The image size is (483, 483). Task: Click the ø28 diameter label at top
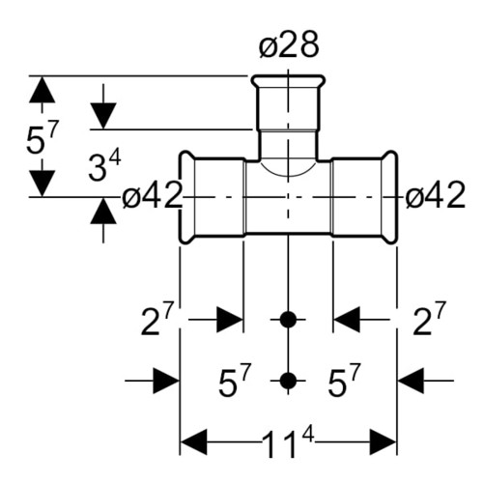tap(289, 45)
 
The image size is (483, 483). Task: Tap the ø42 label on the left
tap(153, 195)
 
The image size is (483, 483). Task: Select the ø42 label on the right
tap(436, 195)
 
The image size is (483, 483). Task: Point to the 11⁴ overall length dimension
tap(288, 444)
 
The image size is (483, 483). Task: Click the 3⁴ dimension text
tap(104, 166)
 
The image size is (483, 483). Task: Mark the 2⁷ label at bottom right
tap(430, 318)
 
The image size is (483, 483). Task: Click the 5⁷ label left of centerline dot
tap(235, 380)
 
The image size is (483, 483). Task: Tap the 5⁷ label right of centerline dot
tap(344, 380)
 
